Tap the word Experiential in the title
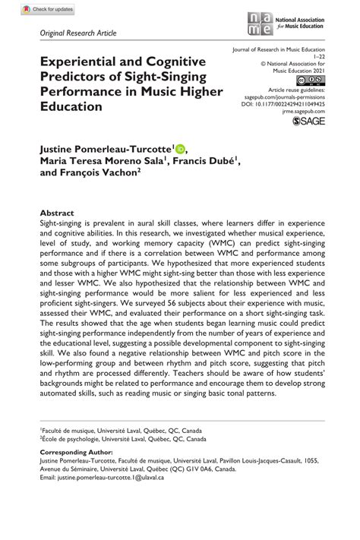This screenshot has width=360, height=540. (x=77, y=62)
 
